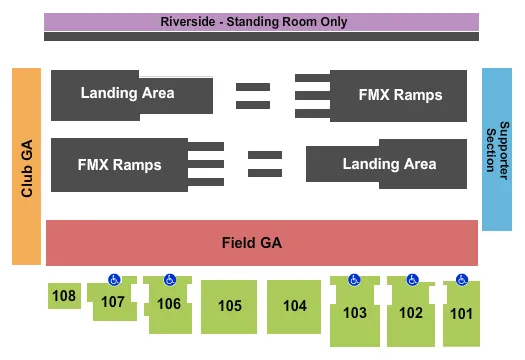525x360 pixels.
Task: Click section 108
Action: pyautogui.click(x=64, y=296)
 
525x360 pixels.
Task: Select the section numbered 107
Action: pyautogui.click(x=113, y=302)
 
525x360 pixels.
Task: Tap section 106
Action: pyautogui.click(x=169, y=304)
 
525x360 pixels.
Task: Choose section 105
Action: pyautogui.click(x=230, y=306)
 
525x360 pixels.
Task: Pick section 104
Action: pyautogui.click(x=294, y=306)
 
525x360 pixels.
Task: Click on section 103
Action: pyautogui.click(x=354, y=312)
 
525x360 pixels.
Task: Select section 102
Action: pyautogui.click(x=411, y=312)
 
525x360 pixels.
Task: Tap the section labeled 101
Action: pyautogui.click(x=461, y=312)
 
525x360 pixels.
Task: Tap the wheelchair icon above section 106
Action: pyautogui.click(x=169, y=280)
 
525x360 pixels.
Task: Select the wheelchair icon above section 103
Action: pyautogui.click(x=354, y=280)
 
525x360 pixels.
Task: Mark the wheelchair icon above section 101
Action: pyautogui.click(x=461, y=280)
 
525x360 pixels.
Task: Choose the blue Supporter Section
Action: pyautogui.click(x=497, y=150)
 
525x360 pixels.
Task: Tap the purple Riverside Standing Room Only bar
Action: pyautogui.click(x=262, y=21)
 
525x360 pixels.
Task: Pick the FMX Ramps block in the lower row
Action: pyautogui.click(x=118, y=162)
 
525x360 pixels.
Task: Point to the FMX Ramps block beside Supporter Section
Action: pyautogui.click(x=400, y=95)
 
